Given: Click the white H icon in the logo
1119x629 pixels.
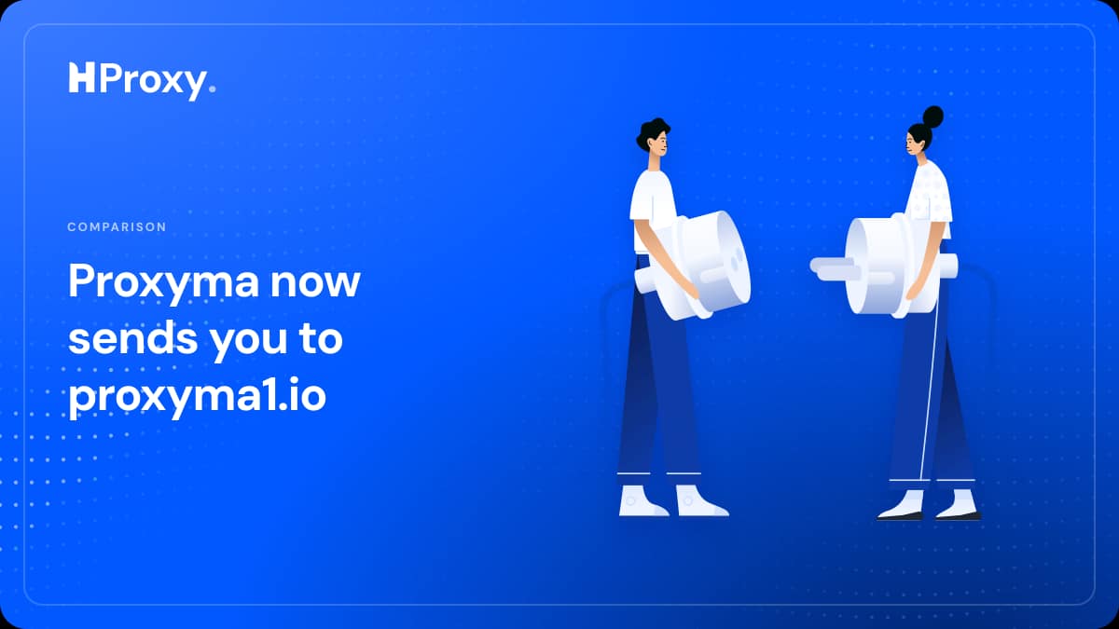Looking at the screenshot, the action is [81, 77].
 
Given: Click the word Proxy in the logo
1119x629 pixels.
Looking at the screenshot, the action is [153, 81].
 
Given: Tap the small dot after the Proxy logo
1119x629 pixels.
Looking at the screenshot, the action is [212, 89].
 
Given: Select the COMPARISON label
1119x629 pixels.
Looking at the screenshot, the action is [117, 226].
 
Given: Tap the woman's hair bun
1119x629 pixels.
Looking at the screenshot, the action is [932, 116].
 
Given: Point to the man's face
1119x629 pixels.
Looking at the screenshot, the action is [659, 144].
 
